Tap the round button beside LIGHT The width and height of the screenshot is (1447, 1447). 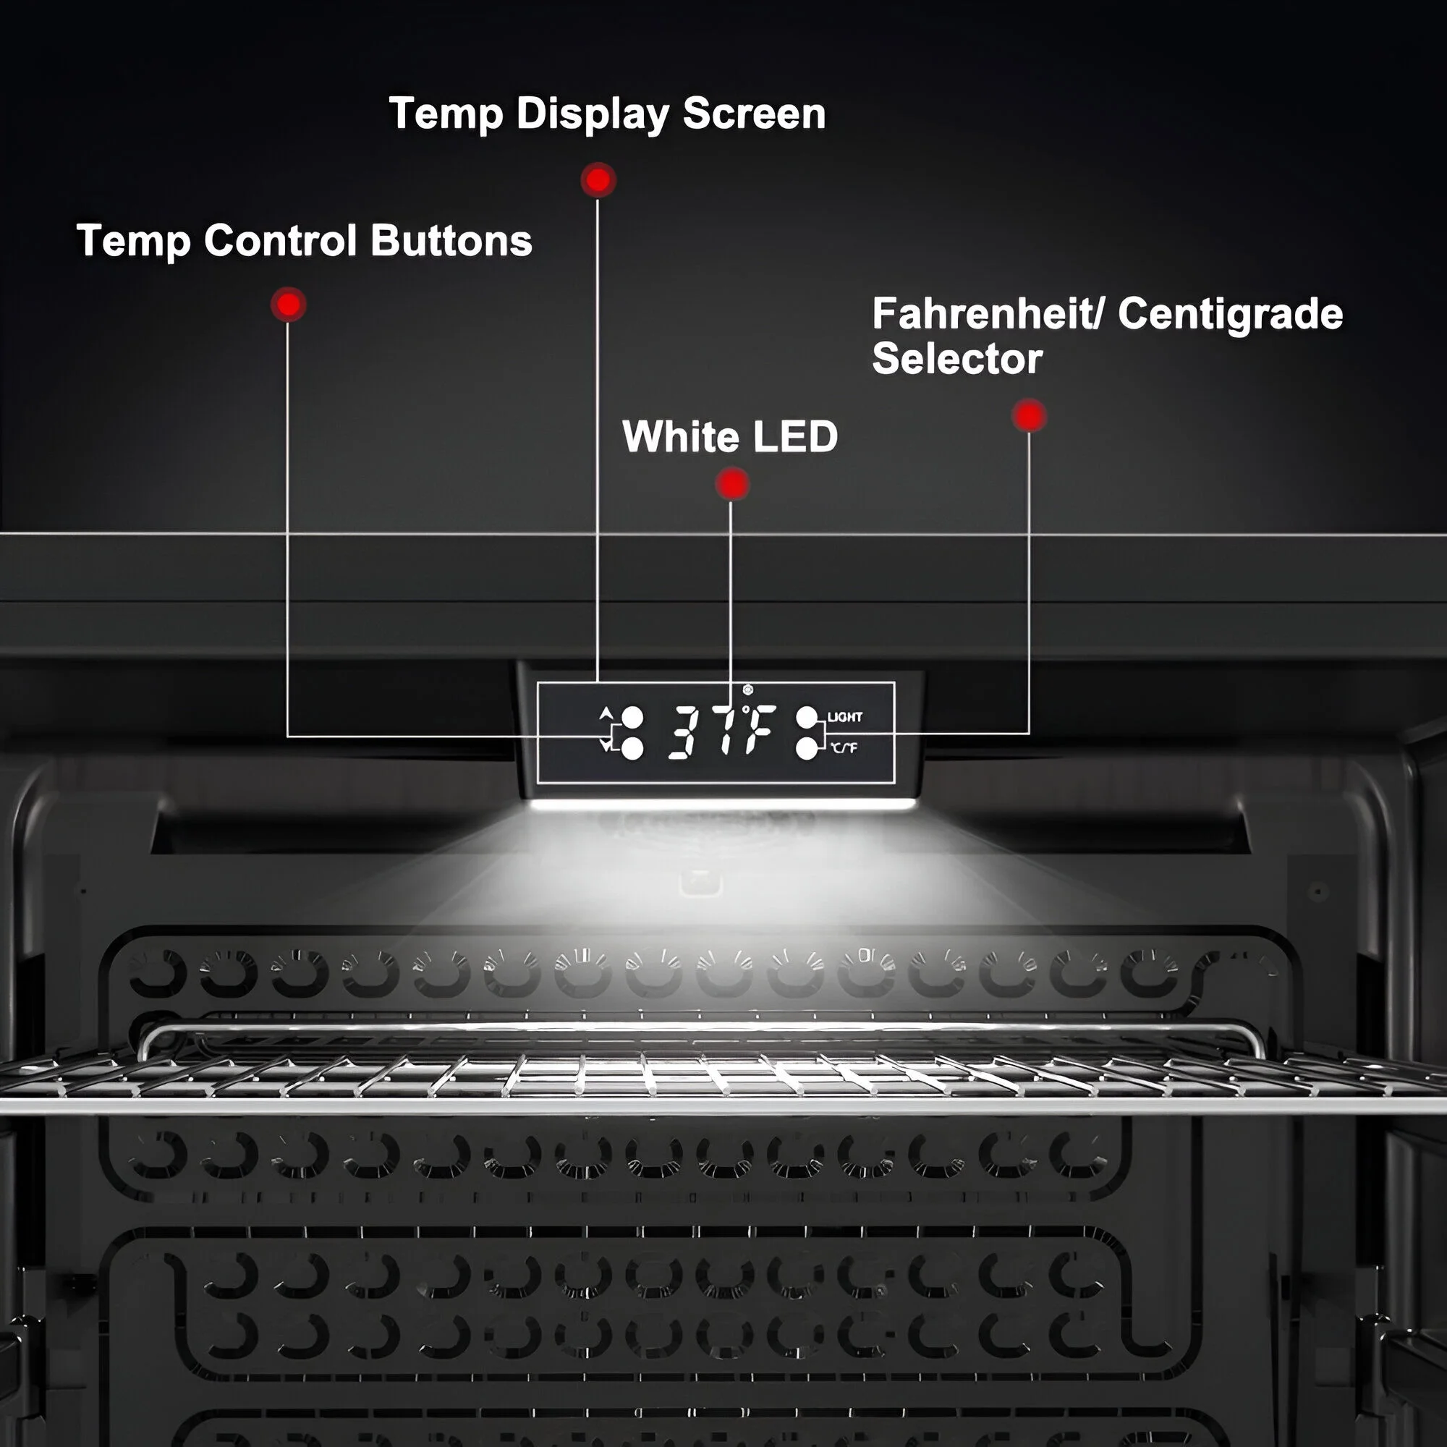pyautogui.click(x=807, y=718)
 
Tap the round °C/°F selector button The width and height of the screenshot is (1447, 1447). pyautogui.click(x=807, y=748)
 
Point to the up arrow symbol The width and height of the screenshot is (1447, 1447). pyautogui.click(x=606, y=711)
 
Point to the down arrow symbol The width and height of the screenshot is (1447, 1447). pyautogui.click(x=606, y=745)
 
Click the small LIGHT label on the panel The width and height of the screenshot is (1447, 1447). pyautogui.click(x=845, y=717)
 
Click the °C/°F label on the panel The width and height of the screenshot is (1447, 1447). pyautogui.click(x=844, y=747)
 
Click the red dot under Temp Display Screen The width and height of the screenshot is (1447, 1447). pyautogui.click(x=598, y=180)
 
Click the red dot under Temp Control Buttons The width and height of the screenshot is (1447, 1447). pyautogui.click(x=289, y=305)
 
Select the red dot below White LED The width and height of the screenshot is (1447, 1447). pyautogui.click(x=731, y=484)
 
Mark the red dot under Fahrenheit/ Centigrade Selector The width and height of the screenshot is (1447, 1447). pyautogui.click(x=1029, y=416)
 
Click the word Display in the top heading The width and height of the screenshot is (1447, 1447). pyautogui.click(x=591, y=114)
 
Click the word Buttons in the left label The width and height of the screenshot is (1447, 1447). pyautogui.click(x=451, y=241)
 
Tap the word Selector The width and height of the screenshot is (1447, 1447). pyautogui.click(x=957, y=359)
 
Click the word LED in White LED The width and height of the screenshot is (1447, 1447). pyautogui.click(x=794, y=437)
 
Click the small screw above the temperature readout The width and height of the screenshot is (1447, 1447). pyautogui.click(x=747, y=689)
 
